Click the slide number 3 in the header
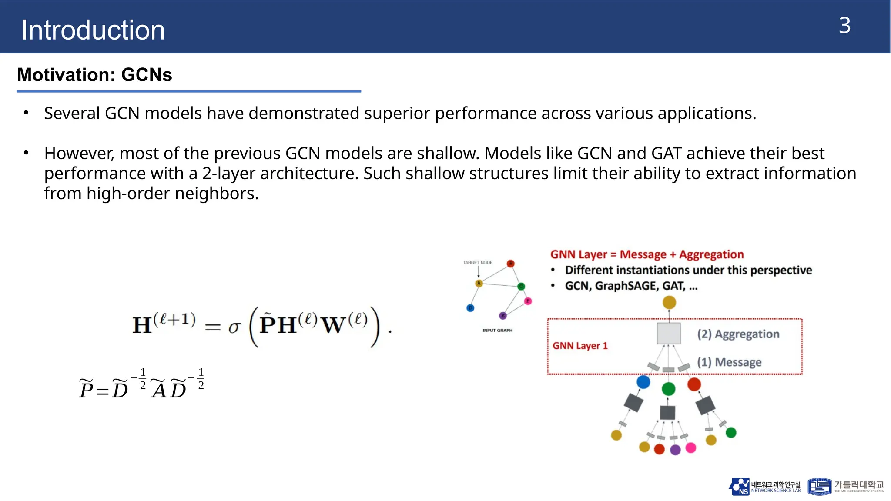click(x=844, y=26)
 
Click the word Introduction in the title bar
click(x=93, y=30)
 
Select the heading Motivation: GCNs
click(x=94, y=75)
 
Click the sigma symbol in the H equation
click(x=234, y=327)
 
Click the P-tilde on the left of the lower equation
click(x=86, y=388)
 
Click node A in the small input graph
click(x=479, y=284)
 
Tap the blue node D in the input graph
click(x=470, y=308)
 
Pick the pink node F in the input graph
click(x=528, y=301)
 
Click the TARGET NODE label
click(x=478, y=263)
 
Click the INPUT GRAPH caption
click(x=497, y=331)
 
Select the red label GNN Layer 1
click(x=580, y=346)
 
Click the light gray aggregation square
click(x=669, y=334)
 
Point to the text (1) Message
click(x=729, y=362)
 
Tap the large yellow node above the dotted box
click(x=669, y=302)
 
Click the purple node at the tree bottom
click(x=675, y=450)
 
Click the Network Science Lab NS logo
click(x=739, y=487)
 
